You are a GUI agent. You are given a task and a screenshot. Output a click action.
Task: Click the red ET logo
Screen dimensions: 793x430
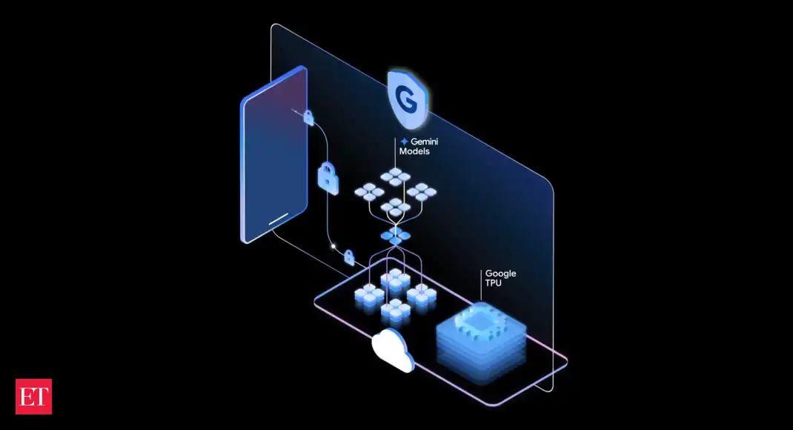[x=33, y=397]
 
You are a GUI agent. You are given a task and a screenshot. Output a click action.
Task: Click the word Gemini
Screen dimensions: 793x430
[x=425, y=142]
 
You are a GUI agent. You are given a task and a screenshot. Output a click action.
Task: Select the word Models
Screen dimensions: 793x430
[x=414, y=151]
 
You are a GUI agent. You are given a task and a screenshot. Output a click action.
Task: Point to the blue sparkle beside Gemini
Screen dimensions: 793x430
[x=404, y=142]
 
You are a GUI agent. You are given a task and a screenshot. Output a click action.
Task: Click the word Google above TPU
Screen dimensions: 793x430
[x=501, y=274]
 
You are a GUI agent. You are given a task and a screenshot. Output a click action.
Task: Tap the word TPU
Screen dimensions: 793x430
[x=493, y=282]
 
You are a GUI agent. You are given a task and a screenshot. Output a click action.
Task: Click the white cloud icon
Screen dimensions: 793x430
[x=393, y=349]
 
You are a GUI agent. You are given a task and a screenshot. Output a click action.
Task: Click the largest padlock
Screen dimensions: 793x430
[x=328, y=178]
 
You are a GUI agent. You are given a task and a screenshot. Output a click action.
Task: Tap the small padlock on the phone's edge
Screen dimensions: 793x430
[x=308, y=117]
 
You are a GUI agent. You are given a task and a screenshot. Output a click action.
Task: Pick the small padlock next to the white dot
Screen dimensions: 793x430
[x=349, y=257]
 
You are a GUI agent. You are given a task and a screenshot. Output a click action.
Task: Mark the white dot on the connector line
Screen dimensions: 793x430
[x=334, y=246]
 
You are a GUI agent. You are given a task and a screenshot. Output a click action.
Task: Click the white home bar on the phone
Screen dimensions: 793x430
[x=278, y=219]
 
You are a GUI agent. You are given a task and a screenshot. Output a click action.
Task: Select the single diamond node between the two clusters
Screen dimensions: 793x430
[x=395, y=235]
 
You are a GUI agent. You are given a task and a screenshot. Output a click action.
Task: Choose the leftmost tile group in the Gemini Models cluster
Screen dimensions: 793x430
[x=368, y=192]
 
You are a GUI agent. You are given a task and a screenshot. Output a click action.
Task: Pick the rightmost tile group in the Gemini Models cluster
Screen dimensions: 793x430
[x=422, y=192]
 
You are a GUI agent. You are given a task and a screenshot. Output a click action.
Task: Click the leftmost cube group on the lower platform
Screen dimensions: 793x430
[x=368, y=297]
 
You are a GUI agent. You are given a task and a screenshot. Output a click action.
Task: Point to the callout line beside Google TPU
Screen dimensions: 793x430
[x=480, y=285]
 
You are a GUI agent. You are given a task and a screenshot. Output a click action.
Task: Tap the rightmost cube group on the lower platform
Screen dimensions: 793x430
[x=421, y=297]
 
